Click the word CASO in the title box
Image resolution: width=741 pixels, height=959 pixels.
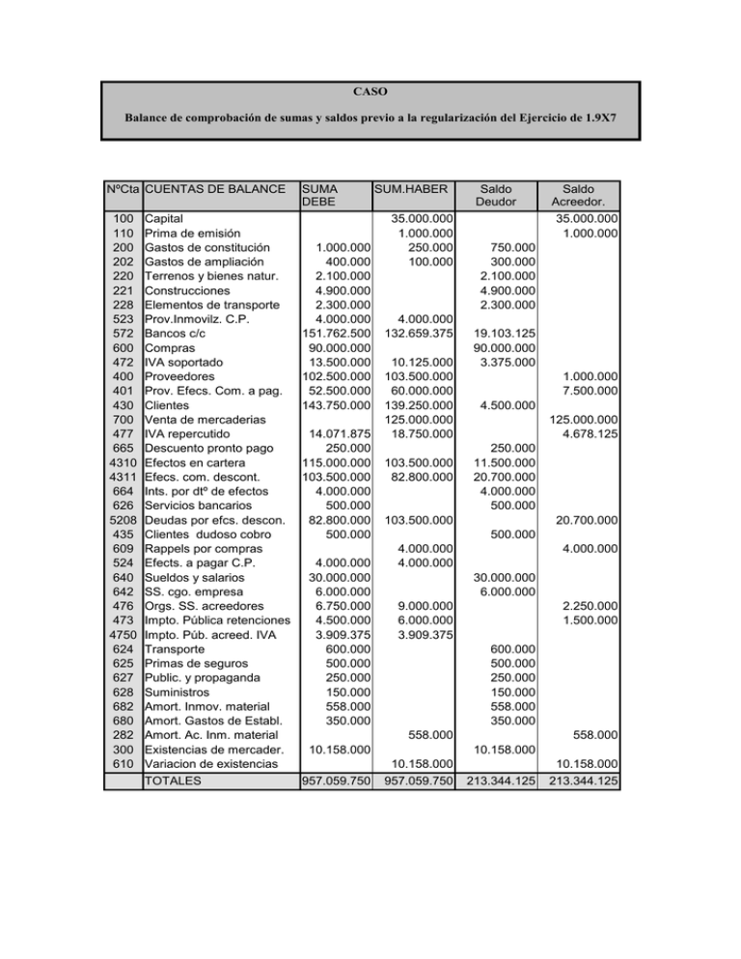pos(370,93)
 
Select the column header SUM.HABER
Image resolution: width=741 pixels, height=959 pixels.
pos(413,189)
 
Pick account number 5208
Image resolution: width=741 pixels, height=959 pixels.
pos(121,520)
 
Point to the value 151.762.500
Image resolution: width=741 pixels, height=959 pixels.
pos(337,334)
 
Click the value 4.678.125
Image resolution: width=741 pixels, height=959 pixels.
pos(586,434)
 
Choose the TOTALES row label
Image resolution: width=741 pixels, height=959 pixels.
pos(173,781)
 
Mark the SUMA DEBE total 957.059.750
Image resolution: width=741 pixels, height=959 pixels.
pos(337,781)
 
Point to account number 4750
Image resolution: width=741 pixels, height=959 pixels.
pos(121,635)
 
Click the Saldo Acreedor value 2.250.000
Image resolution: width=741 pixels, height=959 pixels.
pos(586,606)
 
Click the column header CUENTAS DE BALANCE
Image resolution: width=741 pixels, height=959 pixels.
pos(214,189)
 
